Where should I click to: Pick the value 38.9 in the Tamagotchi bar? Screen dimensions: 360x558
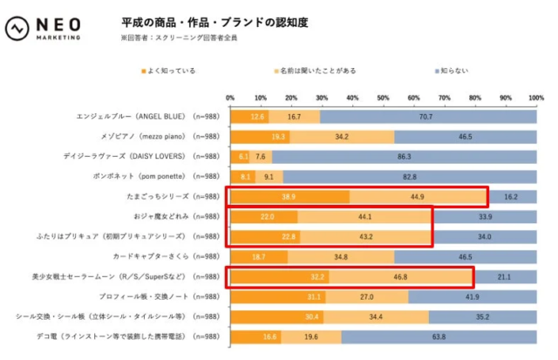tap(289, 197)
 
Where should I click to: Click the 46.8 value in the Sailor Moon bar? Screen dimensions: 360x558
tap(399, 277)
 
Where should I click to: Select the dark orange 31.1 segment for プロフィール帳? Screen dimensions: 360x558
tap(277, 297)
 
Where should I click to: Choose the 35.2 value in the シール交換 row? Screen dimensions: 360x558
tap(481, 317)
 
